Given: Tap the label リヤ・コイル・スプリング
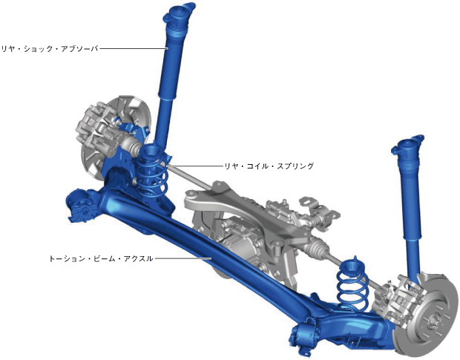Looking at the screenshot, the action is (x=269, y=166).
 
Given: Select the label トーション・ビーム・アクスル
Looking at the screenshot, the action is (x=101, y=259).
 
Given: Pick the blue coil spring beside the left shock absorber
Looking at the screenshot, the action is (x=152, y=170).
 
